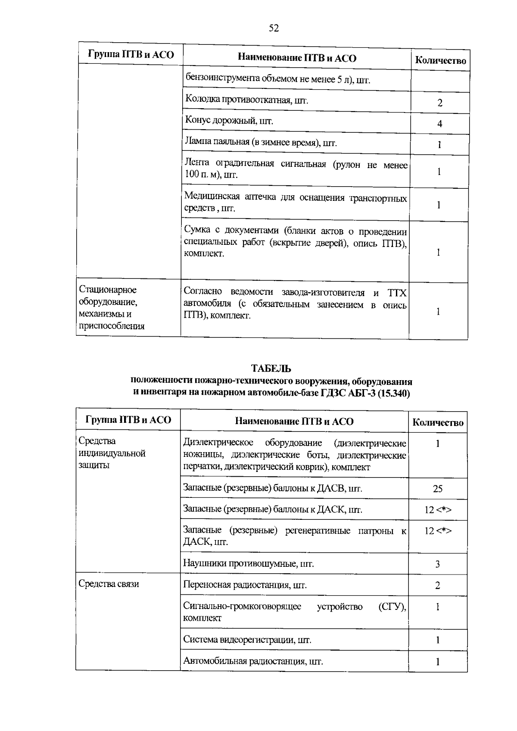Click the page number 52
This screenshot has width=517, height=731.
tap(274, 28)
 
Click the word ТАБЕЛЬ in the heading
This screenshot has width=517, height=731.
tap(271, 369)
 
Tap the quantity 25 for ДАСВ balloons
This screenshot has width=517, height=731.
tap(437, 489)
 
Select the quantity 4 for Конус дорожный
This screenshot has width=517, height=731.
tap(439, 124)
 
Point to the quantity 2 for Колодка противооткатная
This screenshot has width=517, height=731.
tap(439, 103)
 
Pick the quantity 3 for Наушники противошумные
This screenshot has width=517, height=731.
tap(437, 564)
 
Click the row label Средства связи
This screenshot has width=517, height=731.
tap(109, 584)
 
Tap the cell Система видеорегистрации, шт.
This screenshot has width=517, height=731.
tap(247, 640)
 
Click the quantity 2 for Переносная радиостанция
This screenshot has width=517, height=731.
tap(437, 586)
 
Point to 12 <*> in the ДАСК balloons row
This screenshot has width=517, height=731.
tap(438, 510)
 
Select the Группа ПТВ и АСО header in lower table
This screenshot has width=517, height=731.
tap(128, 420)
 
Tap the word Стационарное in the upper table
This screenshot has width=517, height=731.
tap(107, 290)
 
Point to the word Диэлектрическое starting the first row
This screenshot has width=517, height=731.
tap(218, 443)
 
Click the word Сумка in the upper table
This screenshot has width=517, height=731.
tap(196, 230)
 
